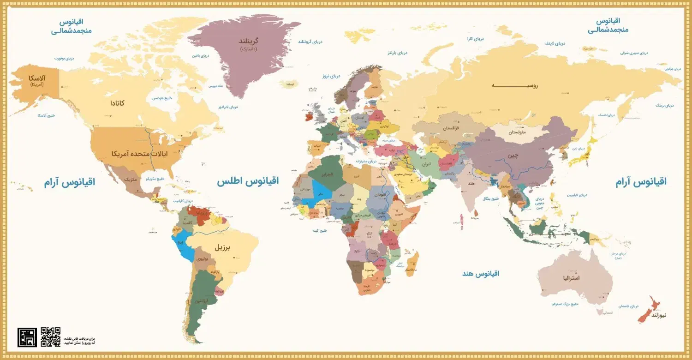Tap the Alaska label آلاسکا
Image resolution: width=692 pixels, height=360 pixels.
coord(36,79)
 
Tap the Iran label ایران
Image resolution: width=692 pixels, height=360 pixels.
coord(427,164)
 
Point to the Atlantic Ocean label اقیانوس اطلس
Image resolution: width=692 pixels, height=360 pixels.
coord(248,181)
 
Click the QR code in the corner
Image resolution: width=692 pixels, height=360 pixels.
coord(50,336)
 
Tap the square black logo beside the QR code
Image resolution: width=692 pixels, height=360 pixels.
coord(27,337)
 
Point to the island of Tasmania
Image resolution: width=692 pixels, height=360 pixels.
coord(602,312)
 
